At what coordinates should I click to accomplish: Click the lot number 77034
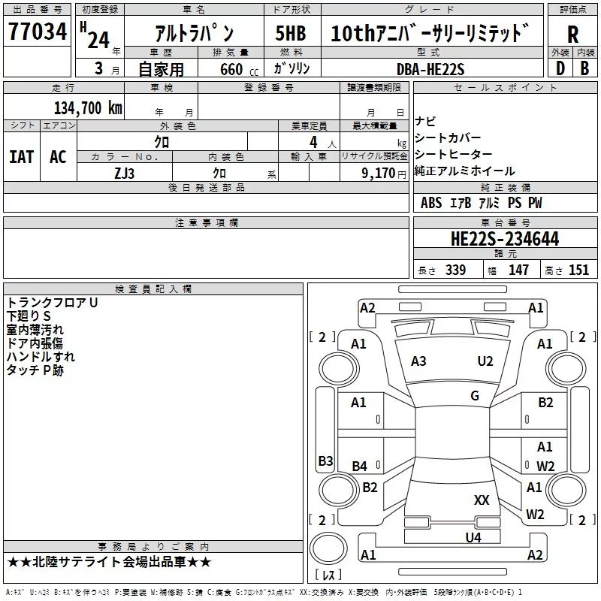pyautogui.click(x=38, y=32)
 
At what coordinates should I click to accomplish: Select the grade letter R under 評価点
pyautogui.click(x=572, y=35)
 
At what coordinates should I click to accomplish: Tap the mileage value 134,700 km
pyautogui.click(x=88, y=108)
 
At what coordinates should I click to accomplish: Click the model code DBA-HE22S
pyautogui.click(x=430, y=69)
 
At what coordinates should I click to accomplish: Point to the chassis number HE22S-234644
pyautogui.click(x=505, y=239)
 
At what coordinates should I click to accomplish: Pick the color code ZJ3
pyautogui.click(x=125, y=174)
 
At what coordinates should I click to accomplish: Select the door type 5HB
pyautogui.click(x=291, y=33)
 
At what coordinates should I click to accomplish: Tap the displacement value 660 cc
pyautogui.click(x=239, y=69)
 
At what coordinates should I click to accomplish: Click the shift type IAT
pyautogui.click(x=21, y=157)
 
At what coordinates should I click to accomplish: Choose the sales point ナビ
pyautogui.click(x=425, y=122)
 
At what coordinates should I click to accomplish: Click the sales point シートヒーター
pyautogui.click(x=454, y=155)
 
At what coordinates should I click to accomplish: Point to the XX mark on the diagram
pyautogui.click(x=482, y=500)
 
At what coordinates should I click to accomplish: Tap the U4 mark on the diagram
pyautogui.click(x=473, y=537)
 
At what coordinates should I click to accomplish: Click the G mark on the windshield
pyautogui.click(x=475, y=396)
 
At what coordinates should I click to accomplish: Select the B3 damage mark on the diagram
pyautogui.click(x=326, y=461)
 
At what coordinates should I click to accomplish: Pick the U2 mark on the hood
pyautogui.click(x=485, y=361)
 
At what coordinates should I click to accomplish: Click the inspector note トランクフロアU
pyautogui.click(x=53, y=303)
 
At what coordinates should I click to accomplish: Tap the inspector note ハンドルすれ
pyautogui.click(x=41, y=356)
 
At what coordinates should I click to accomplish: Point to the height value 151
pyautogui.click(x=578, y=270)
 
